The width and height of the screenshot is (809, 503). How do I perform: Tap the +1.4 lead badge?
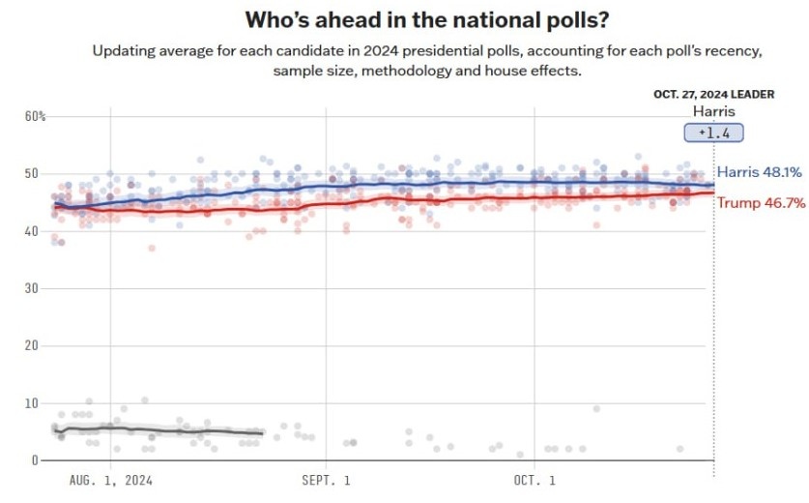click(707, 133)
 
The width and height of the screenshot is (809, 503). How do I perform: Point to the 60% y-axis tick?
click(36, 117)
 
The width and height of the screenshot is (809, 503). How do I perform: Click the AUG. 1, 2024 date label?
click(111, 480)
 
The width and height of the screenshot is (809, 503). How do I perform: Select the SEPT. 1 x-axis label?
click(327, 480)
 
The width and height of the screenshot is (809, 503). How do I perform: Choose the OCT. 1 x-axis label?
click(535, 480)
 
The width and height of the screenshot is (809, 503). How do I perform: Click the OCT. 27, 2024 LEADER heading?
click(706, 95)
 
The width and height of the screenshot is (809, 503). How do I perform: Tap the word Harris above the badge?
click(706, 111)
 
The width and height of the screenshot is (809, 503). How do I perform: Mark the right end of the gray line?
click(262, 432)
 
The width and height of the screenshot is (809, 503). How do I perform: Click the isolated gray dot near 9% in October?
click(596, 408)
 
